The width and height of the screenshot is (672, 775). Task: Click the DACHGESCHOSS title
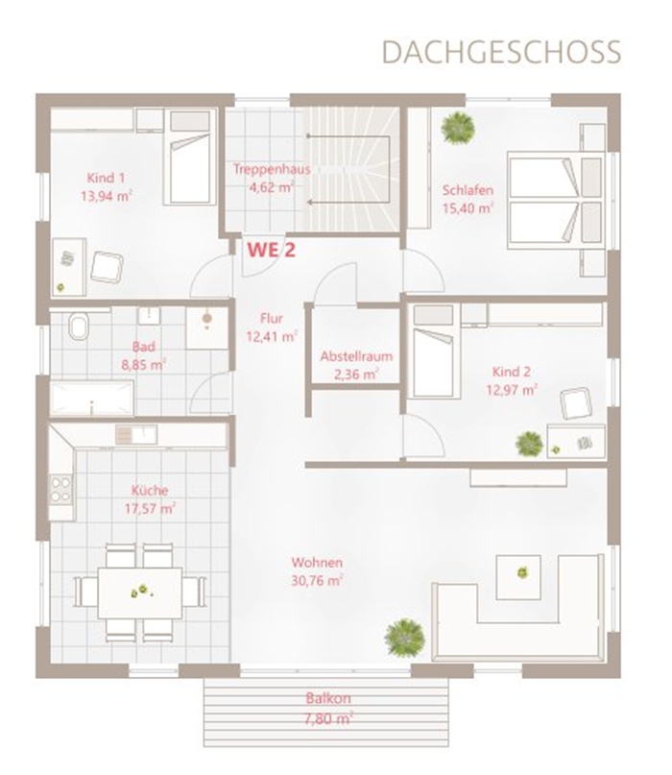pos(501,52)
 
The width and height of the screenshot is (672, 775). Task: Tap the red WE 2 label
pos(272,250)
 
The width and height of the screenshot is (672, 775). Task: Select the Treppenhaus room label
pos(272,169)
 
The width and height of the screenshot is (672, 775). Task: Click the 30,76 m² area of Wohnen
pos(317,580)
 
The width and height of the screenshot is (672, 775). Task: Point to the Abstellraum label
pos(356,356)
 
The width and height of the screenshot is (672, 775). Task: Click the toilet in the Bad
pos(78,327)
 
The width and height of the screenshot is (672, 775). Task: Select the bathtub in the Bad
pos(92,399)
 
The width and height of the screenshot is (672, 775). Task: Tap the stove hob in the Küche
pos(60,490)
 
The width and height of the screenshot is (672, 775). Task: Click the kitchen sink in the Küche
pos(136,435)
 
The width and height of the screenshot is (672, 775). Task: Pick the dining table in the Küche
pos(140,593)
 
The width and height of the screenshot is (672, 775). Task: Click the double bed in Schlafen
pos(557,201)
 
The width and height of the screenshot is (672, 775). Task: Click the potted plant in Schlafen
pos(458,127)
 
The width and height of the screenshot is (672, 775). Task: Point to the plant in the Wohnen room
pos(405,637)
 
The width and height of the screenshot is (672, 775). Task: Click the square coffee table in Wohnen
pos(518,577)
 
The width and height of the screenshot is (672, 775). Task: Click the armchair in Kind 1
pos(107,267)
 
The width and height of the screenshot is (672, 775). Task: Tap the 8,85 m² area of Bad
pos(143,365)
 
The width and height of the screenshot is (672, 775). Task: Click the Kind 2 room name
pos(512,372)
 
